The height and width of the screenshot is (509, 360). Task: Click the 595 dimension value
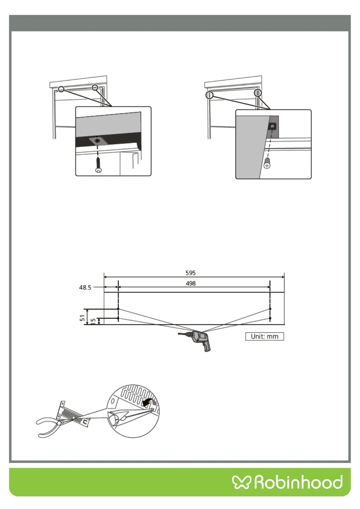pyautogui.click(x=190, y=273)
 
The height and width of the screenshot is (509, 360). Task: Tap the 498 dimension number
pyautogui.click(x=190, y=284)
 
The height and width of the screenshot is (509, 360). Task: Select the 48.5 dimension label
pyautogui.click(x=85, y=287)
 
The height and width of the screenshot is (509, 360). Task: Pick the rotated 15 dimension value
pyautogui.click(x=93, y=321)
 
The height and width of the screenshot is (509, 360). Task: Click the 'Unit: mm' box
pyautogui.click(x=264, y=336)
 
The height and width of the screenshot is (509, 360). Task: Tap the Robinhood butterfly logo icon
pyautogui.click(x=241, y=482)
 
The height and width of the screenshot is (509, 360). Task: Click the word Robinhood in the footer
pyautogui.click(x=298, y=482)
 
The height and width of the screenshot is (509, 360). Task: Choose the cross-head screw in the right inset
pyautogui.click(x=267, y=163)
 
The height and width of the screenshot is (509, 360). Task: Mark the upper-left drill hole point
pyautogui.click(x=118, y=309)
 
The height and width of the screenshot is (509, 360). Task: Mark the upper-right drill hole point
pyautogui.click(x=270, y=309)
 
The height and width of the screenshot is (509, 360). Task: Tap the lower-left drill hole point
pyautogui.click(x=118, y=318)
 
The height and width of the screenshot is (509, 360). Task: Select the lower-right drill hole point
pyautogui.click(x=270, y=318)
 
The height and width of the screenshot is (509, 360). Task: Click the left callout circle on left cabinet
pyautogui.click(x=61, y=89)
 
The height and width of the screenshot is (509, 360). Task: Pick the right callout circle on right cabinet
pyautogui.click(x=258, y=93)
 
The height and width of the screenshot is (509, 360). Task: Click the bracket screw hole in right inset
pyautogui.click(x=273, y=126)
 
